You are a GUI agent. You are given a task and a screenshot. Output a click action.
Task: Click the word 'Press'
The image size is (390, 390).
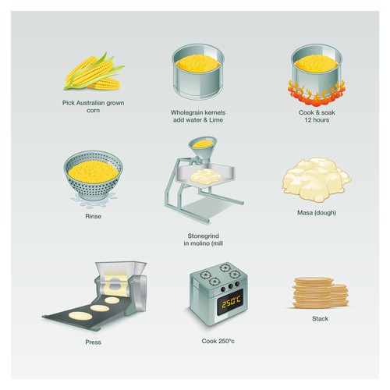coord(94,342)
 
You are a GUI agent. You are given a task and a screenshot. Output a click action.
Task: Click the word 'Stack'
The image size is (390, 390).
coord(320,319)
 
